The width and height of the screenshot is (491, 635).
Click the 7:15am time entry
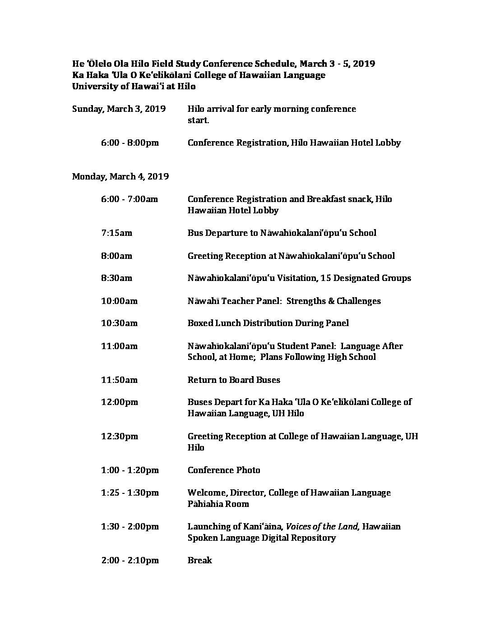116,233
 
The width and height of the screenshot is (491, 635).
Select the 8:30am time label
116,278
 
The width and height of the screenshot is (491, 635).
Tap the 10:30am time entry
119,323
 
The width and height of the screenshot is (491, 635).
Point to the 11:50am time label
119,380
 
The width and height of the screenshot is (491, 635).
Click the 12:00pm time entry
120,402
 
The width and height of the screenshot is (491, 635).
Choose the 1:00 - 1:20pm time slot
130,470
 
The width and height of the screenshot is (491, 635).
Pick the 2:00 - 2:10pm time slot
130,561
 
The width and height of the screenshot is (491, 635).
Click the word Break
199,561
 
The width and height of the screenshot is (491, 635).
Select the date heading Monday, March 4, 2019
120,176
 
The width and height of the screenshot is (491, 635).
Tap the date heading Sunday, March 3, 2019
119,109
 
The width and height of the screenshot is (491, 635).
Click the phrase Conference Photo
224,470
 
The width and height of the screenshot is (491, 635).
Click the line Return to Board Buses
234,380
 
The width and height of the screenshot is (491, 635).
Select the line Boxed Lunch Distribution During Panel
268,323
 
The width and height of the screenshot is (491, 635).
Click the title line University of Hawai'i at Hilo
134,86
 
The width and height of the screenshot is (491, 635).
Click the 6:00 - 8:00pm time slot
130,143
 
